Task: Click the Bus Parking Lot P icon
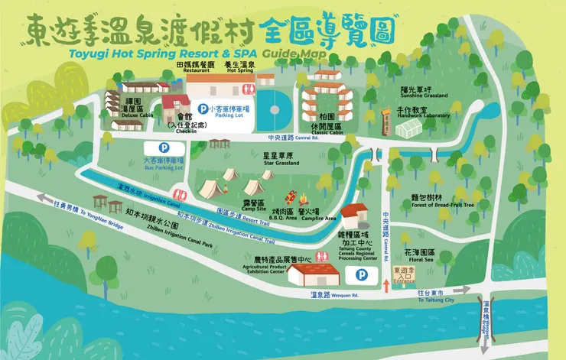(163, 147)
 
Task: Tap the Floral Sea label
(419, 258)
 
